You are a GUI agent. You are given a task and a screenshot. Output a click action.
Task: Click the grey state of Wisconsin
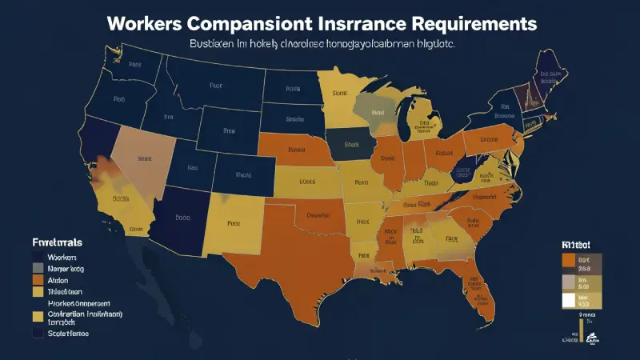[x=373, y=107]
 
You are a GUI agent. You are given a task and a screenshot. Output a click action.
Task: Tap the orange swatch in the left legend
[x=38, y=281]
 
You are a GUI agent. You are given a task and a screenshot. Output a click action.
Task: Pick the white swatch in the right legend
[x=569, y=301]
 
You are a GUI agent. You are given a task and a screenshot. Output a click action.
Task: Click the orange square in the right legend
[x=569, y=260]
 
